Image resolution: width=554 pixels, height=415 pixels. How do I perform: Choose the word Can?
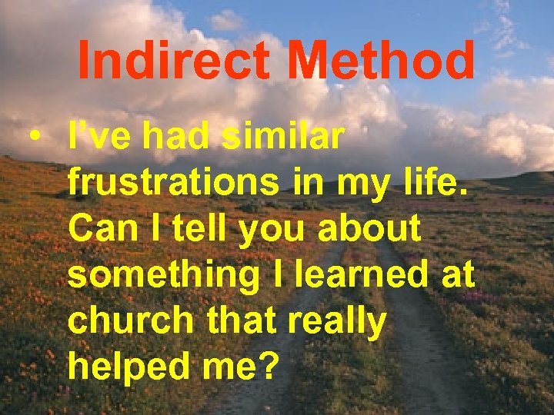[x=96, y=229]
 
